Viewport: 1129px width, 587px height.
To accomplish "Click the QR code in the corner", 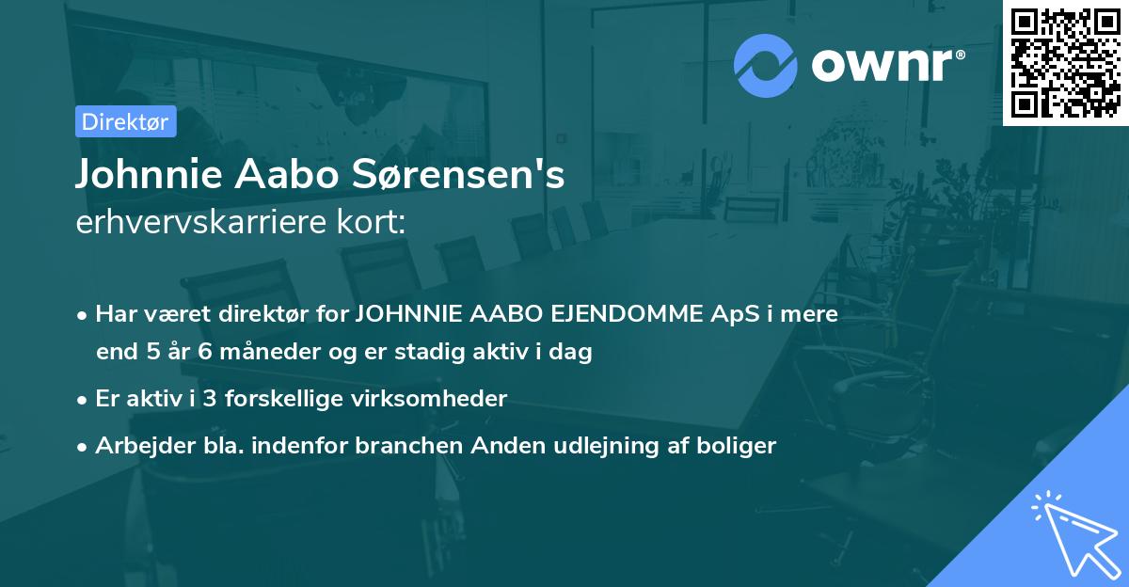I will [x=1066, y=62].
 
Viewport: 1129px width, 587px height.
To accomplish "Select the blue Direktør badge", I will [x=125, y=121].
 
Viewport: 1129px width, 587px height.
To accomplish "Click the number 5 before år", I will [x=154, y=353].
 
